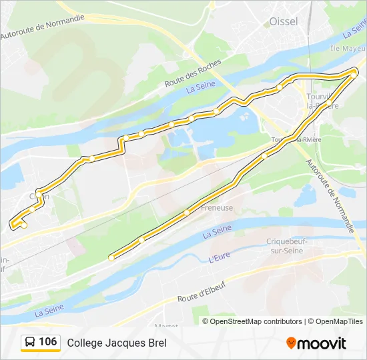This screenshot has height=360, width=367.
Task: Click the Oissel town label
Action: point(284,21)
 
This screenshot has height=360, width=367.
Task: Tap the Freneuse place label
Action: point(218,207)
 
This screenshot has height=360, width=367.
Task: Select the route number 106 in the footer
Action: point(47,342)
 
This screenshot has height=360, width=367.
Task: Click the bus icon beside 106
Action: point(30,343)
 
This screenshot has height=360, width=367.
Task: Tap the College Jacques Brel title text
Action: point(116,343)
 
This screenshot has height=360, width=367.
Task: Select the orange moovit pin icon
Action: point(291,343)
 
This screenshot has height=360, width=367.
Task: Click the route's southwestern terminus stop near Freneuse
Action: point(111,257)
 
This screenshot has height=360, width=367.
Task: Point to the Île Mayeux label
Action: point(348,49)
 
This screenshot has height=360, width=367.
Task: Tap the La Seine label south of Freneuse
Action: point(216,231)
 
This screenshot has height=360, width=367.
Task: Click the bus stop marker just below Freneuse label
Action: point(187,212)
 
